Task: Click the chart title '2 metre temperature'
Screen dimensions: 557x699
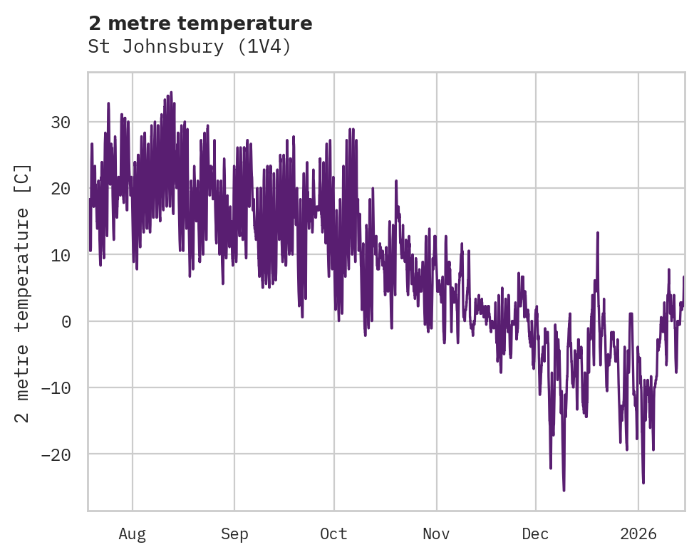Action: (200, 24)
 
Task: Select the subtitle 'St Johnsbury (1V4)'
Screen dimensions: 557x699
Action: (190, 47)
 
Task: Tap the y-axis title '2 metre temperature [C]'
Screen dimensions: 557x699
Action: (23, 293)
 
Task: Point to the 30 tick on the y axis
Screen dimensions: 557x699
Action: (60, 123)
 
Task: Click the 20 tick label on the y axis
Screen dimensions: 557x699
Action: (60, 189)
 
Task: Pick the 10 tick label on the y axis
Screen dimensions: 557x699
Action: (60, 255)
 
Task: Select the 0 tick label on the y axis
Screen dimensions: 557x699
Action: (66, 321)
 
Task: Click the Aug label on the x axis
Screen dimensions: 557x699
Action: (132, 533)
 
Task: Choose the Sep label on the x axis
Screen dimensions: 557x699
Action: (234, 533)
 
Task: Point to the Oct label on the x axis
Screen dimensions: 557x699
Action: (333, 533)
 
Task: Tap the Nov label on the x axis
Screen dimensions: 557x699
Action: (436, 533)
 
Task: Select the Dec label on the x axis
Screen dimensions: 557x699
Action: (535, 533)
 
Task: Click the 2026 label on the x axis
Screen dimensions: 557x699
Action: (638, 533)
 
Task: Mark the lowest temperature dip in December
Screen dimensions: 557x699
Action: (564, 490)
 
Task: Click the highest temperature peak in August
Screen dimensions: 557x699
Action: (171, 92)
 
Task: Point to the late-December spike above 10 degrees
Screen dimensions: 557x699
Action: (598, 232)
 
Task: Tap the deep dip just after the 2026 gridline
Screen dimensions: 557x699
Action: (643, 483)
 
